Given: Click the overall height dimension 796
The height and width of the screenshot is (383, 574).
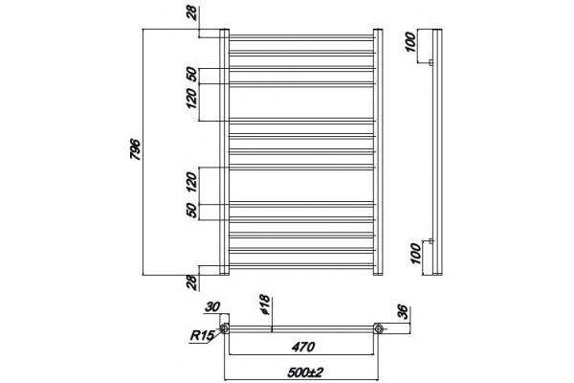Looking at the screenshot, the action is [x=135, y=149].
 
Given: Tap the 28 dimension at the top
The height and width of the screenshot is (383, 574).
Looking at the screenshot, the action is [x=193, y=14].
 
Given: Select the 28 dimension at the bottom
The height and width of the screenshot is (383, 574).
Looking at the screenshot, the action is [x=192, y=282].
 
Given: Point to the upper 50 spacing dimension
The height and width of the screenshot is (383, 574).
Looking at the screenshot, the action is [x=193, y=75].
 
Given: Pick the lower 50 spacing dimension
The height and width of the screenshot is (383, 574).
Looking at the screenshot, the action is [x=192, y=211].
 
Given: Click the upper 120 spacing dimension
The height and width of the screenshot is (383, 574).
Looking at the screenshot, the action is [x=192, y=99].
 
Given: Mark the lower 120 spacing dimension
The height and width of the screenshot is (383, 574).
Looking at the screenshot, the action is [x=192, y=182].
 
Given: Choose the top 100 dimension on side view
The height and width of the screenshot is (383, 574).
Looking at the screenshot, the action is [x=411, y=42].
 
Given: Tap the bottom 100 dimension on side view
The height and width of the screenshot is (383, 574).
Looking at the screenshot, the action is [x=416, y=254].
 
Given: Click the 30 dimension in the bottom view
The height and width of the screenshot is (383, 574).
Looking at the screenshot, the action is [x=212, y=306].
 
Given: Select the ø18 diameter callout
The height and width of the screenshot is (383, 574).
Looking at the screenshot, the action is [x=265, y=304].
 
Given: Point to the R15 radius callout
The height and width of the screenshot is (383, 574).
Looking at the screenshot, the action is [x=202, y=335].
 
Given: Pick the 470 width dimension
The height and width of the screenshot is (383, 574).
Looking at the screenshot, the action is [x=303, y=347].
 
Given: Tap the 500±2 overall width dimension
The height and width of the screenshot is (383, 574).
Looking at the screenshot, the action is [x=305, y=372].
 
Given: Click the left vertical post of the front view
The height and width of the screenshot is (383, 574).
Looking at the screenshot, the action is [x=224, y=151].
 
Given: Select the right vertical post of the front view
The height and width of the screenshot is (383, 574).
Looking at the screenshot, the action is [x=378, y=151].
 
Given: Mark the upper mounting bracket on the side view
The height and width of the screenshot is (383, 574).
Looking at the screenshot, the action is [x=430, y=62].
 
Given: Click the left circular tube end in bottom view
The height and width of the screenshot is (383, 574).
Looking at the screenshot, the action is [x=225, y=328].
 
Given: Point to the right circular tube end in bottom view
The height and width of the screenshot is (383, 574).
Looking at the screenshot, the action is [x=379, y=328].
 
